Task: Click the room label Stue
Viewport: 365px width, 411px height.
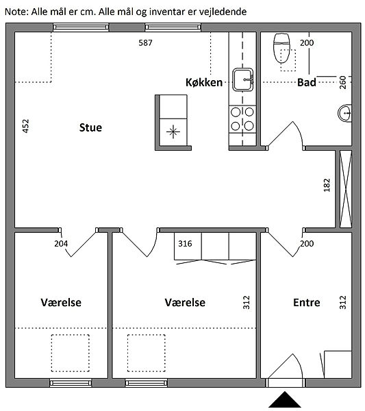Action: point(90,127)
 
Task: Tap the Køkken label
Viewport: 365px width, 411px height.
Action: point(204,82)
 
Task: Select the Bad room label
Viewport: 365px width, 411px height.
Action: point(307,82)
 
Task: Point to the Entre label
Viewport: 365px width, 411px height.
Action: point(307,303)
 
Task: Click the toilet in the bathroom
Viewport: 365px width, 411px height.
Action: point(281,48)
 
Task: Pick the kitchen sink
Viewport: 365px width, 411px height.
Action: point(243,79)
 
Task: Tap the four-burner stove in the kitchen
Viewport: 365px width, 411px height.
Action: point(242,119)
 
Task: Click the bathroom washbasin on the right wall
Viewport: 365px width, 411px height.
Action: point(345,113)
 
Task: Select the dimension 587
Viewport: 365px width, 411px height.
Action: point(145,42)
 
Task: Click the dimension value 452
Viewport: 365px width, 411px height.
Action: point(25,126)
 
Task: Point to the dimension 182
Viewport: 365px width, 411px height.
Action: point(327,185)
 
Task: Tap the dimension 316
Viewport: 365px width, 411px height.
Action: point(186,243)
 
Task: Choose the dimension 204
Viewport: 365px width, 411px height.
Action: point(61,243)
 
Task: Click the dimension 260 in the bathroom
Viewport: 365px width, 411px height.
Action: point(342,82)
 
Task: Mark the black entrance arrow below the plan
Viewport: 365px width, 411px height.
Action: point(285,399)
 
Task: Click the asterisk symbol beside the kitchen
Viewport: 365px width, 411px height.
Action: point(173,132)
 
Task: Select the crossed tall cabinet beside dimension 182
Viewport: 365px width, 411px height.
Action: point(346,189)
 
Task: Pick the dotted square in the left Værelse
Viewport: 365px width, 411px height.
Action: point(71,353)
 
